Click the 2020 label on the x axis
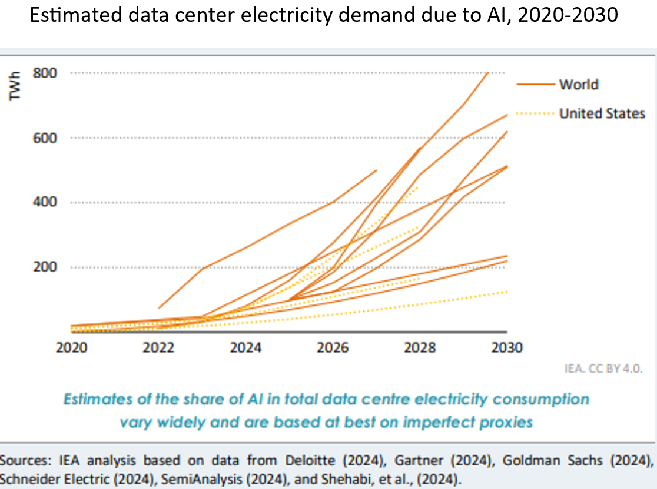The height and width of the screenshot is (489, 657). tap(71, 347)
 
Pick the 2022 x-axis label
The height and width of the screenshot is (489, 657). tap(158, 347)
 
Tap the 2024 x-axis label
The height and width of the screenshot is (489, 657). tap(246, 347)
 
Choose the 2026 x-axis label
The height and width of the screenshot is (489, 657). tap(333, 347)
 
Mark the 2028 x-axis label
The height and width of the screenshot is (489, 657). tap(420, 347)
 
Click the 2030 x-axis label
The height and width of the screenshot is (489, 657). tap(507, 347)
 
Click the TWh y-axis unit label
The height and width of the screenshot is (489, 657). tap(16, 85)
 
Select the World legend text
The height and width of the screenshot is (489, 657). tap(579, 85)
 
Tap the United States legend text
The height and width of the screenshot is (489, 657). tap(602, 113)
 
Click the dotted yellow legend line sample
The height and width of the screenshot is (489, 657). tap(535, 113)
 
